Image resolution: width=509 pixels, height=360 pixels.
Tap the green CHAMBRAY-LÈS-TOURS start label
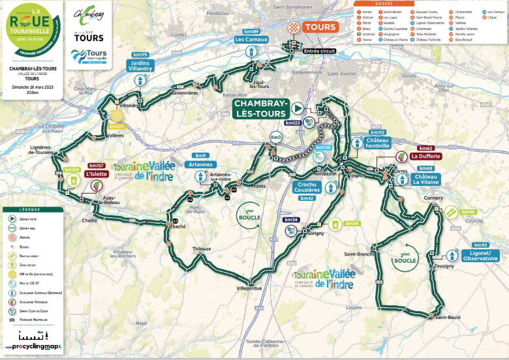pos(260,108)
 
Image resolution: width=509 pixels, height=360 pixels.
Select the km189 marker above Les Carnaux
pos(251,31)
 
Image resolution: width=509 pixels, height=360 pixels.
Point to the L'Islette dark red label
pos(97,174)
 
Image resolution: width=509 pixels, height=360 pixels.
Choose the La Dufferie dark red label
pos(426,157)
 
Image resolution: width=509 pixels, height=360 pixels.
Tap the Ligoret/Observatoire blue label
pos(480,256)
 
